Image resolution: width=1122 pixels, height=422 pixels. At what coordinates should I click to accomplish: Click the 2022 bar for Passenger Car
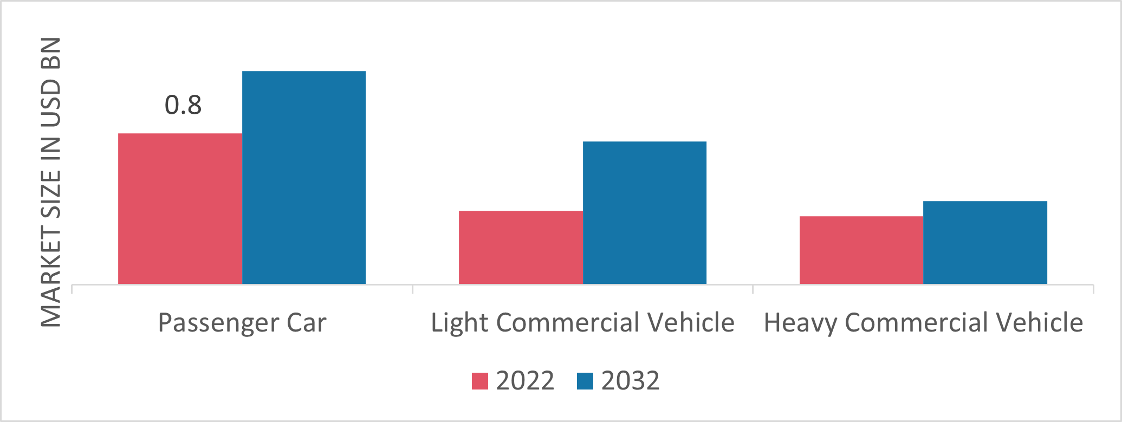pos(180,209)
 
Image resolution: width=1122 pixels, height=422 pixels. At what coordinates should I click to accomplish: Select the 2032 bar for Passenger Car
pos(304,178)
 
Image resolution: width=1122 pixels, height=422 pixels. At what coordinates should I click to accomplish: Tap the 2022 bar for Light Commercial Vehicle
pos(521,248)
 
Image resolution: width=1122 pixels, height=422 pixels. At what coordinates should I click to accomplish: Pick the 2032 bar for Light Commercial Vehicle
pos(645,213)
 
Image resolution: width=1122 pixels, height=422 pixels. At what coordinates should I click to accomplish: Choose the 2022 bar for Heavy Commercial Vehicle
pos(861,250)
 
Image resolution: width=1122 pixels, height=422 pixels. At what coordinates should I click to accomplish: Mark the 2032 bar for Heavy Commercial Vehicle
pos(985,243)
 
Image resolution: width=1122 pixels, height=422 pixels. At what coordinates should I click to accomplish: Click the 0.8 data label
pos(183,105)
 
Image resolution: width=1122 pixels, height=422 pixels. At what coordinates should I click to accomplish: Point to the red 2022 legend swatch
pos(480,381)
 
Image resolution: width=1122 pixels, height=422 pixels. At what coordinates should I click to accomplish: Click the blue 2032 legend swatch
pos(585,381)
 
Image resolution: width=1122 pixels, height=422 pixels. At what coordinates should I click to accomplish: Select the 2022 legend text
pos(525,381)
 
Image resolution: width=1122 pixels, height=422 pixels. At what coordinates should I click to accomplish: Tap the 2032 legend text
pos(630,381)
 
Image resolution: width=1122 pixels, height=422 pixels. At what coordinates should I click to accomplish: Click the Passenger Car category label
pos(242,323)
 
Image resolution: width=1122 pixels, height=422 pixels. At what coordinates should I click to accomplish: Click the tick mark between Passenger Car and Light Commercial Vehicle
pos(413,289)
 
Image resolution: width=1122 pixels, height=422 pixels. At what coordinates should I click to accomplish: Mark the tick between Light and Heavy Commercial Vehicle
pos(753,289)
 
